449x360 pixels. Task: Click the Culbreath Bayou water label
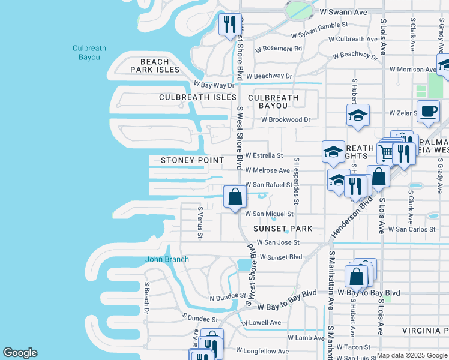point(86,53)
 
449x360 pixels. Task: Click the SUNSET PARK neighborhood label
point(283,229)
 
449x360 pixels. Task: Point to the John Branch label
point(167,259)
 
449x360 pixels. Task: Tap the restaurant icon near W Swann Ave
point(229,25)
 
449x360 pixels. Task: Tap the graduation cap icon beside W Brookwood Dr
point(358,115)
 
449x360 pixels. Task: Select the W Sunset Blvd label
point(280,257)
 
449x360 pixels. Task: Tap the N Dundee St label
point(228,296)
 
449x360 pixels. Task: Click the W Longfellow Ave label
point(262,351)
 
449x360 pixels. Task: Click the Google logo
point(20,353)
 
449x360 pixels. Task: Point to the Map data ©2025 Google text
point(412,355)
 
